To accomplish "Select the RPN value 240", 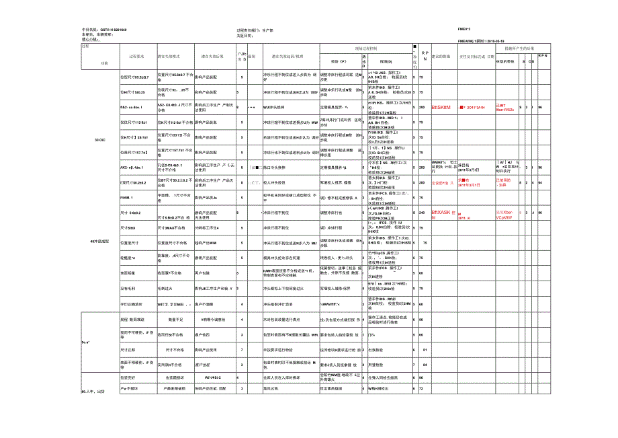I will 422,213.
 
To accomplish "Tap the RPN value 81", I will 424,350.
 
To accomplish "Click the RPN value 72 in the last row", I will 421,389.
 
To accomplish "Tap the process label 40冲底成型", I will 99,241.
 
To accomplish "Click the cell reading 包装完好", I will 128,377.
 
